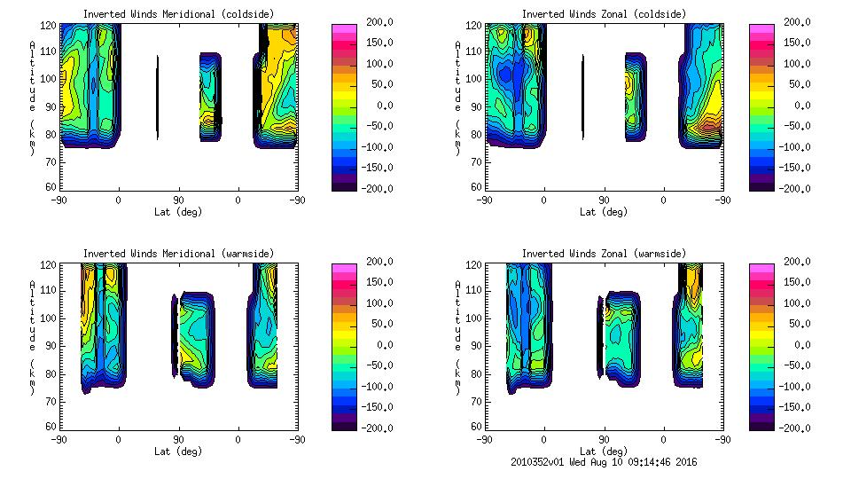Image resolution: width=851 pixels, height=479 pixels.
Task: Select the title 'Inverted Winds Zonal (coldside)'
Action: [x=604, y=14]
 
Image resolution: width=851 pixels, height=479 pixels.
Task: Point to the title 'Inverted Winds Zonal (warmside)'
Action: [x=604, y=254]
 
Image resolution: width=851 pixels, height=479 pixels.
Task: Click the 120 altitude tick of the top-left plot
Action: [x=50, y=23]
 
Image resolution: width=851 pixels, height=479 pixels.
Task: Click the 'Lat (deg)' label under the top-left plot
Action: [x=178, y=212]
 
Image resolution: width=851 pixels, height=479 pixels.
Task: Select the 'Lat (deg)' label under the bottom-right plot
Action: [x=604, y=452]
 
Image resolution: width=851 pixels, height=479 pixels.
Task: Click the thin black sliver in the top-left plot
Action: [x=157, y=98]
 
